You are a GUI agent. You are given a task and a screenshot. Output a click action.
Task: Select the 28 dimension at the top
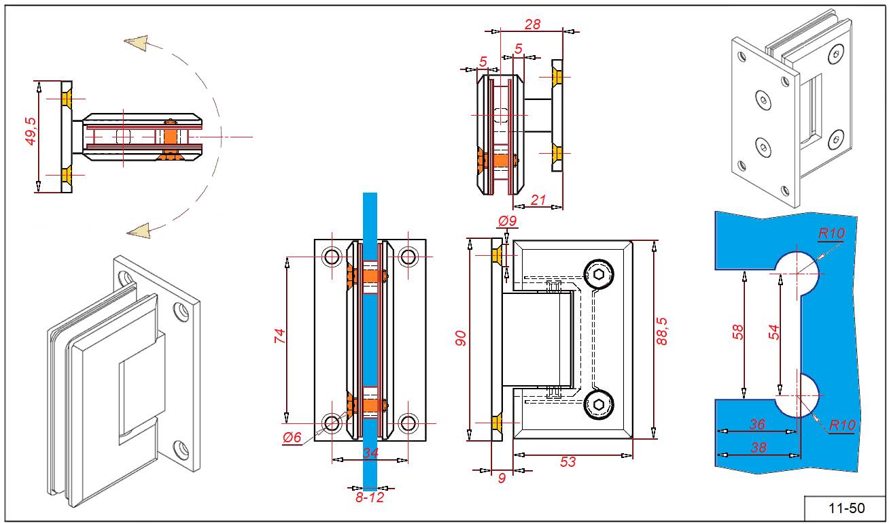coord(533,24)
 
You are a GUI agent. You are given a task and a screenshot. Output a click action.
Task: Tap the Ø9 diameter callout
coord(508,221)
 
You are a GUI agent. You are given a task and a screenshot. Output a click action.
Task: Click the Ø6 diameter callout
coord(292,438)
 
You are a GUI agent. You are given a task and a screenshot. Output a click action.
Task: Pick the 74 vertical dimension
coord(279,337)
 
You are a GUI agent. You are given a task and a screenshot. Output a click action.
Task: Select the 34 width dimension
coord(370,453)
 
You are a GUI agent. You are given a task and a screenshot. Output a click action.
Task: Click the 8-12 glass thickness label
coord(370,497)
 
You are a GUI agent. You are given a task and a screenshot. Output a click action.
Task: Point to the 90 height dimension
coord(459,338)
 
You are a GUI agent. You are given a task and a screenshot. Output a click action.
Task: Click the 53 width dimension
coord(568,461)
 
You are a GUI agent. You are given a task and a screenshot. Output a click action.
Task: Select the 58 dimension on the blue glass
coord(738,331)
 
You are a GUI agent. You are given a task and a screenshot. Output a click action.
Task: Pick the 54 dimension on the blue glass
coord(773,331)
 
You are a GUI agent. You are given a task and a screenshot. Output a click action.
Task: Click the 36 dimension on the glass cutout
coord(757,424)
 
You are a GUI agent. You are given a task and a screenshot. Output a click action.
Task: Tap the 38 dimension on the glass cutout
coord(757,447)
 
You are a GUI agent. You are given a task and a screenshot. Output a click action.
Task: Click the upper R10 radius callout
coord(831,233)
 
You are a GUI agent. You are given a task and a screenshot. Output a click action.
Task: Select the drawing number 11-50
coord(846,508)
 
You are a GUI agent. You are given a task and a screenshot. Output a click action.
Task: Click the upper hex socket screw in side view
coord(599,275)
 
